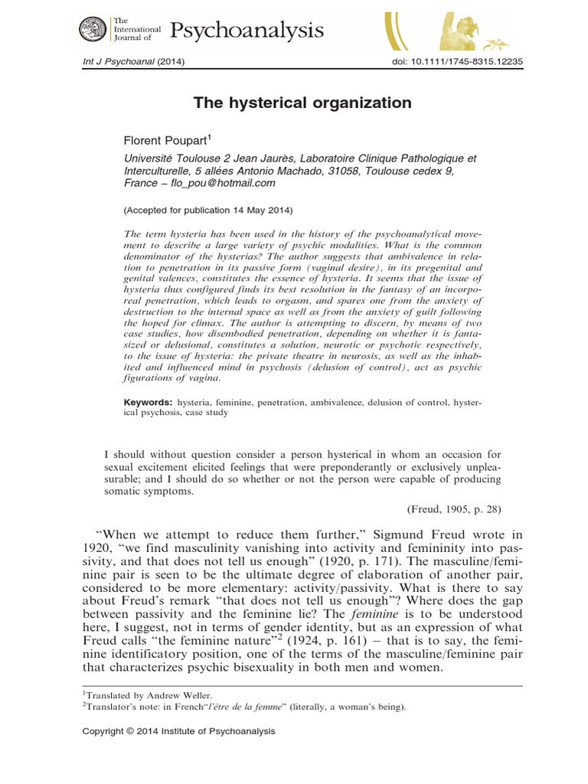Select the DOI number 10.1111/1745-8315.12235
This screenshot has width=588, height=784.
coord(455,62)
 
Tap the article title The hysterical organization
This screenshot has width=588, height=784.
coord(295,103)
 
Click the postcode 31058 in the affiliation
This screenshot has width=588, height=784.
coord(315,171)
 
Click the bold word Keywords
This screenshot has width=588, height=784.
coord(148,401)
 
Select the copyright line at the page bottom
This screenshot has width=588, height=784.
coord(178,731)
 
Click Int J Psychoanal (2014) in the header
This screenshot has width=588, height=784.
coord(133,62)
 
